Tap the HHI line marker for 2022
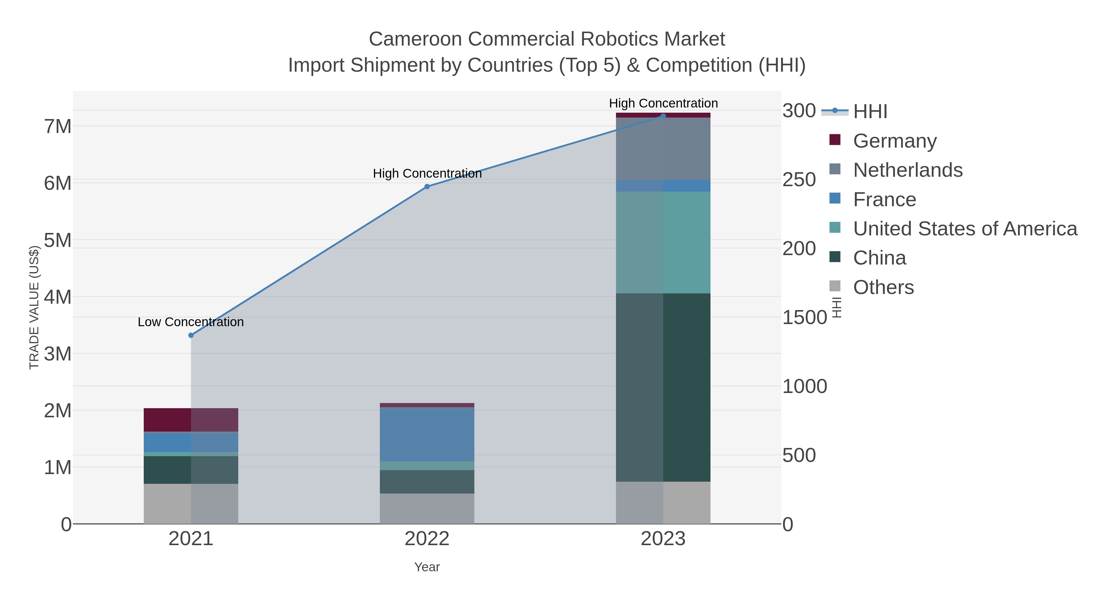[x=427, y=187]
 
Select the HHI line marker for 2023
[x=663, y=116]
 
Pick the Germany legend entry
[x=894, y=141]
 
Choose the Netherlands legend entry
[x=907, y=170]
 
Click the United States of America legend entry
[x=965, y=229]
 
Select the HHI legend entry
[x=870, y=112]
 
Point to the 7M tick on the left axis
[x=58, y=126]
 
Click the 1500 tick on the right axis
[x=804, y=317]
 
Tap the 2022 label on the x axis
[x=427, y=539]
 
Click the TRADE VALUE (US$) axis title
[x=34, y=307]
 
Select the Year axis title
[x=427, y=567]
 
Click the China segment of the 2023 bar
[x=663, y=387]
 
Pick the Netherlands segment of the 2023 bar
[x=663, y=149]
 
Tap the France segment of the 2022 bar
[x=427, y=434]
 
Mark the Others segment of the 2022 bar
[x=427, y=508]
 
